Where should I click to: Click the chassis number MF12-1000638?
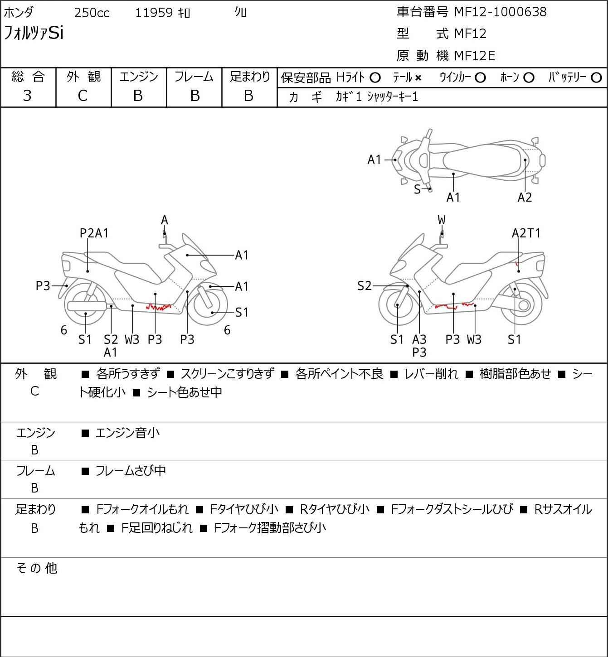tap(501, 12)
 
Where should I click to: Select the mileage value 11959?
tap(154, 13)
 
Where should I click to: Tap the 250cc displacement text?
tap(92, 13)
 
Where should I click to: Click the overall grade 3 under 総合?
tap(27, 96)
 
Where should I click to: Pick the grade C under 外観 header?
tap(83, 96)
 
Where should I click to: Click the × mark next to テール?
tap(418, 78)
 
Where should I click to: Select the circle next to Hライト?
tap(375, 78)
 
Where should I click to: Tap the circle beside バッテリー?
tap(596, 78)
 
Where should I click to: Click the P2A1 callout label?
tap(94, 233)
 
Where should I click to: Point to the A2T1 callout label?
tap(526, 233)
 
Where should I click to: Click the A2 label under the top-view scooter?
tap(525, 198)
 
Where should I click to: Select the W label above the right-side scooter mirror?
tap(442, 220)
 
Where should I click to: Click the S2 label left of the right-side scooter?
tap(365, 286)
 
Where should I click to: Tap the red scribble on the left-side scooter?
tap(159, 307)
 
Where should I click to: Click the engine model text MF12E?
tap(475, 56)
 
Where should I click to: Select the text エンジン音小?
tap(127, 433)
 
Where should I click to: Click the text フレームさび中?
tap(131, 471)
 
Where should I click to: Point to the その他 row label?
tap(37, 568)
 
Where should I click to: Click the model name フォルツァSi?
tap(34, 33)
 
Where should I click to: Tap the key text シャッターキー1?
tap(393, 97)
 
